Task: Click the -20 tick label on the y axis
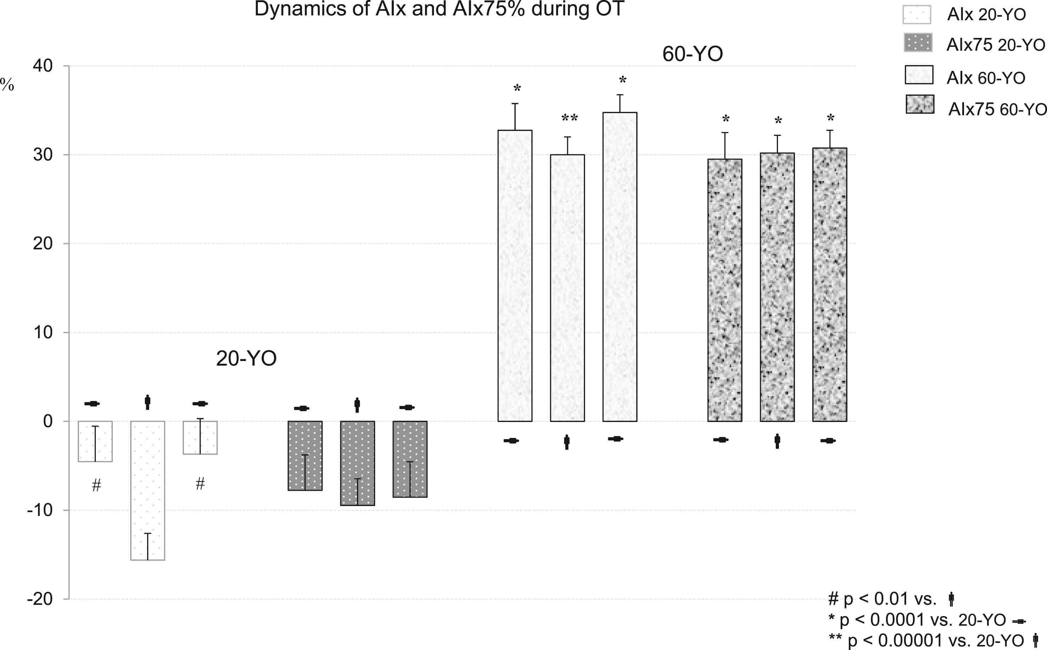tap(40, 599)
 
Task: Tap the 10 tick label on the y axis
tap(43, 332)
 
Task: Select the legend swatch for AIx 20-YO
tap(917, 15)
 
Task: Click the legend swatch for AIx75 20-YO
tap(918, 43)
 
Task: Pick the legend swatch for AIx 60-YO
tap(919, 75)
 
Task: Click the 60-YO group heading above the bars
tap(692, 54)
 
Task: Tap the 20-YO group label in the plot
tap(246, 359)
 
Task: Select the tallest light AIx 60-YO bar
tap(620, 267)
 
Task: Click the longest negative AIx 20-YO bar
tap(147, 490)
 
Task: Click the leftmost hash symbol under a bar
tap(96, 485)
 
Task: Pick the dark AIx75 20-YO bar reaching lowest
tap(357, 463)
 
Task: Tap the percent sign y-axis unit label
tap(7, 85)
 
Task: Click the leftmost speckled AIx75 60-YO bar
tap(725, 290)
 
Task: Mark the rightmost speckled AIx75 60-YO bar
tap(830, 285)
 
